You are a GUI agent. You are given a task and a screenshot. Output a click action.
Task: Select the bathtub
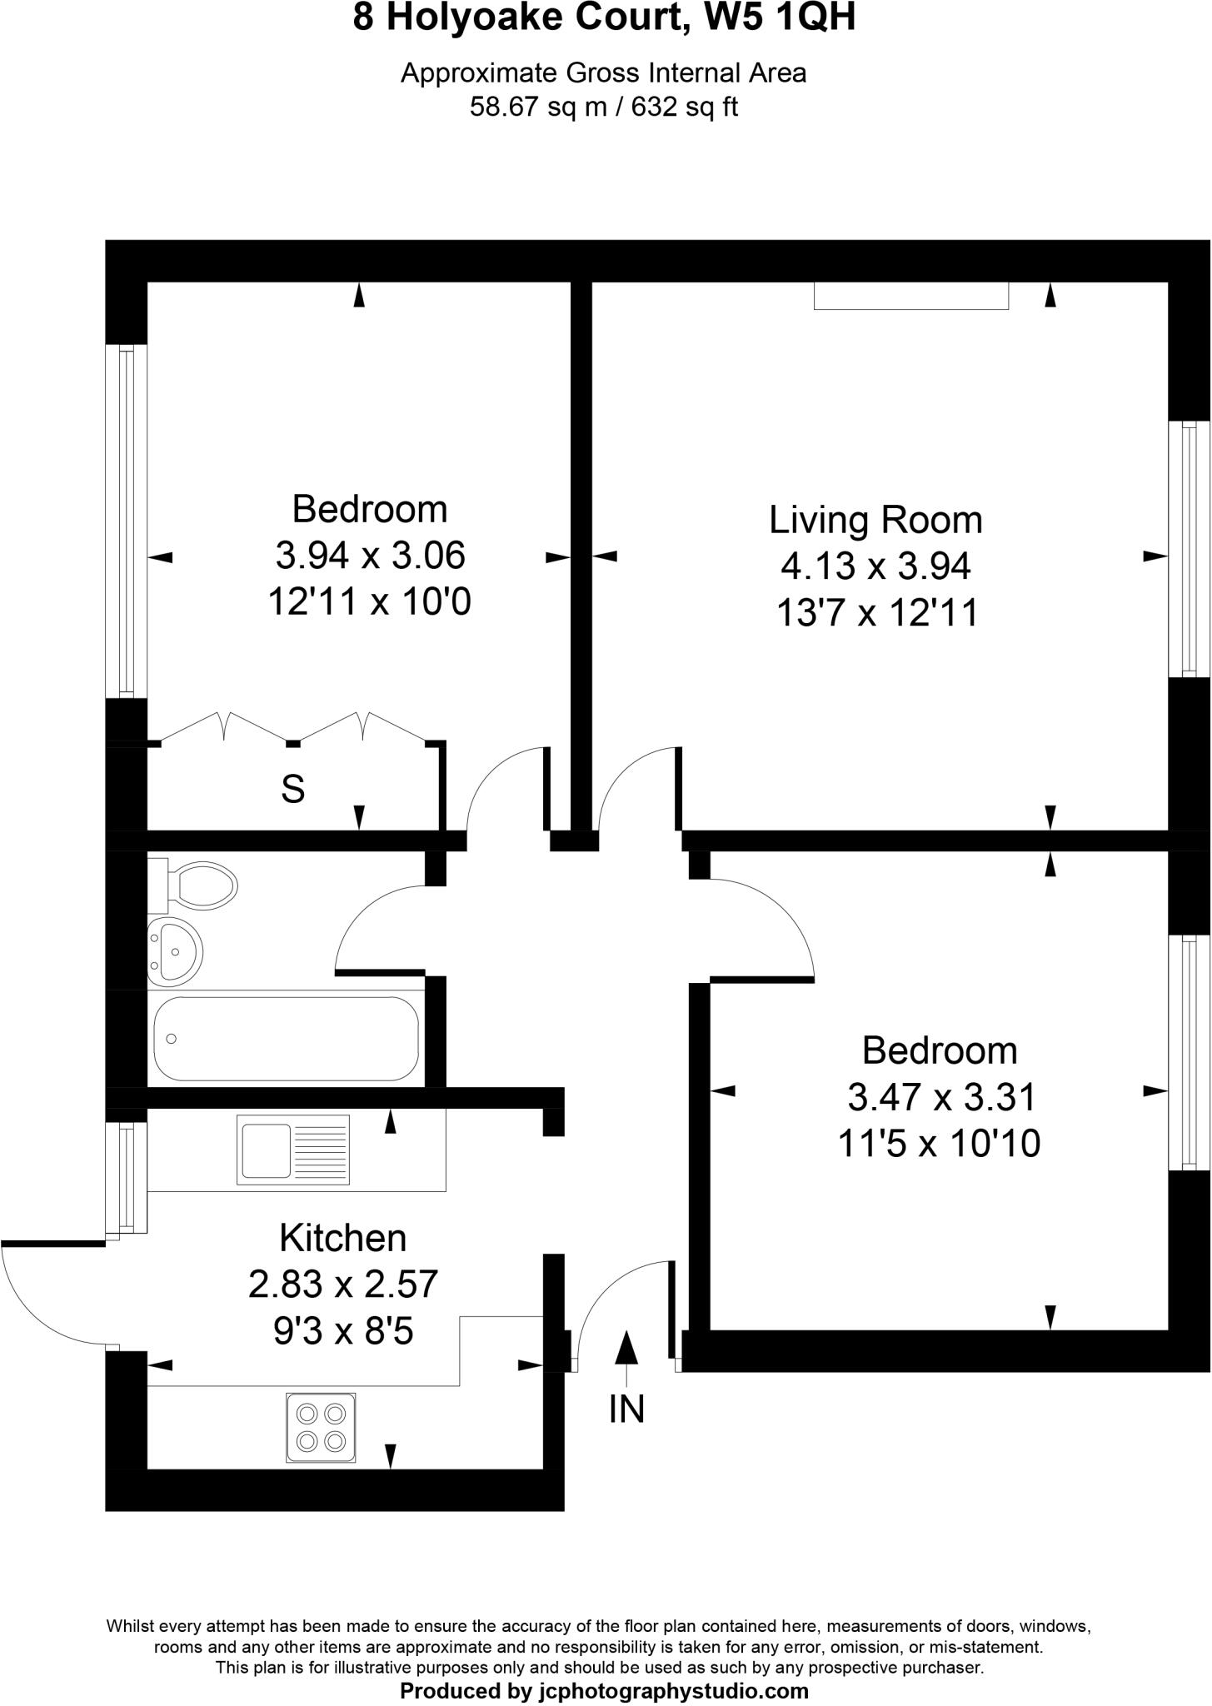click(x=287, y=1038)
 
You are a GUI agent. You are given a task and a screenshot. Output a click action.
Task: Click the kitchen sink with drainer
click(x=293, y=1150)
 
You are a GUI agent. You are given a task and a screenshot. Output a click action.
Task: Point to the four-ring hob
click(x=321, y=1427)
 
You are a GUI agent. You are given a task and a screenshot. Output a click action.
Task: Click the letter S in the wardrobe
click(x=293, y=788)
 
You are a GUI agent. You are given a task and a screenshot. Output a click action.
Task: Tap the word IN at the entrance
click(x=626, y=1409)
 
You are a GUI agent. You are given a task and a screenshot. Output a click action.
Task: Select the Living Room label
click(x=875, y=520)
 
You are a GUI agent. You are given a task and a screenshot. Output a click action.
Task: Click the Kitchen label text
click(x=342, y=1239)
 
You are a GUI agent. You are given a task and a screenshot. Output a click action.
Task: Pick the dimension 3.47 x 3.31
click(x=941, y=1097)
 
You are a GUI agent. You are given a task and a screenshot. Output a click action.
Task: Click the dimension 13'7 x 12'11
click(x=876, y=614)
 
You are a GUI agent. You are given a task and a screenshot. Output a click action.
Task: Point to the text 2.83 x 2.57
click(x=342, y=1284)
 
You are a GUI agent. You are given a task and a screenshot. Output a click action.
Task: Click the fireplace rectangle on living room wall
click(x=910, y=297)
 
